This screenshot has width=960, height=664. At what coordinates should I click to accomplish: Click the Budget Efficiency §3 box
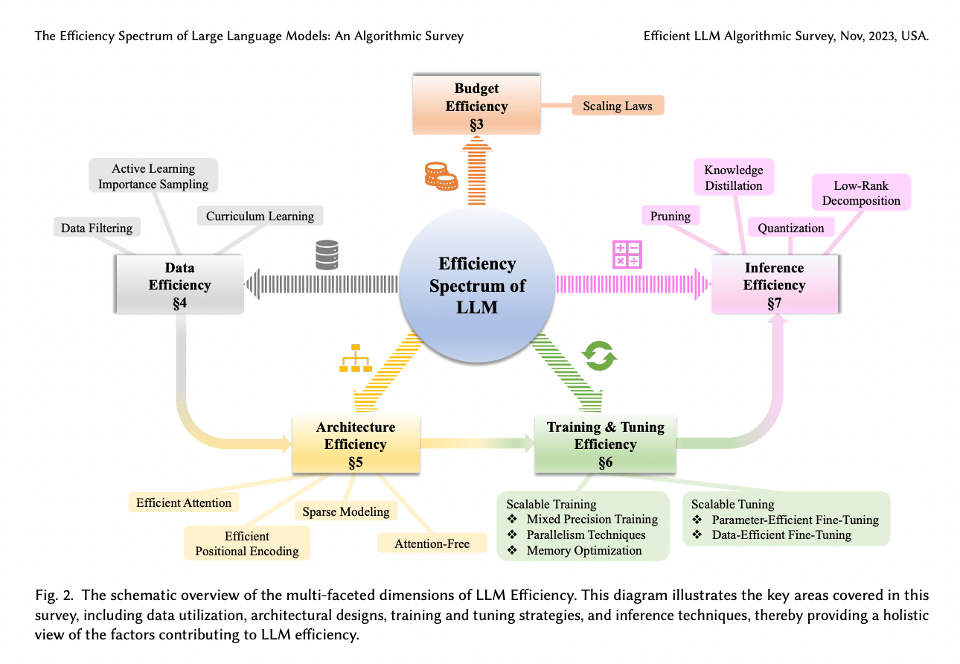(x=476, y=106)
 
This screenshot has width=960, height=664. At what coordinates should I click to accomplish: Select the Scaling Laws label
(x=618, y=106)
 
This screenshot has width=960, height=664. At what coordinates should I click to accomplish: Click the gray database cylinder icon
(x=327, y=255)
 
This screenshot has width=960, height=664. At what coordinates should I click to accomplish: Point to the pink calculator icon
(x=627, y=254)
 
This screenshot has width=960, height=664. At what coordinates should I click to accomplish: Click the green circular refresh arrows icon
(x=599, y=356)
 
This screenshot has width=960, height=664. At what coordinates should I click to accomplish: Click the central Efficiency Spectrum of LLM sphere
(x=477, y=285)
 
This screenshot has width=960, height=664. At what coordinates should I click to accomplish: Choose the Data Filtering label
(x=97, y=229)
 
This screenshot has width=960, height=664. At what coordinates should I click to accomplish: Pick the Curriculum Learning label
(x=260, y=217)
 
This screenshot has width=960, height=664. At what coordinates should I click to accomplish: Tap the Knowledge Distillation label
(x=734, y=178)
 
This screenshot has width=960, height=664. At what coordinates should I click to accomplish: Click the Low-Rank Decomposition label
(x=861, y=193)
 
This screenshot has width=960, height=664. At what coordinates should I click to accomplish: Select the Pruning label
(x=670, y=217)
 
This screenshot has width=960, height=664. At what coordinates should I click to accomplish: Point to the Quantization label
(x=791, y=229)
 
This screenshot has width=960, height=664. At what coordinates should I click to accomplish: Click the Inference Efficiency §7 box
(x=774, y=285)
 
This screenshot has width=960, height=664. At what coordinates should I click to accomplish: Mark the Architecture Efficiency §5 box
(x=356, y=444)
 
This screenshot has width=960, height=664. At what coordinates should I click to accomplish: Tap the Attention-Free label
(x=432, y=543)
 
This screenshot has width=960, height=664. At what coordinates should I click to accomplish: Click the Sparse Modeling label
(x=346, y=511)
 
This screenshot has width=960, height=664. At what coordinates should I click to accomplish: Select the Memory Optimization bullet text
(x=584, y=551)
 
